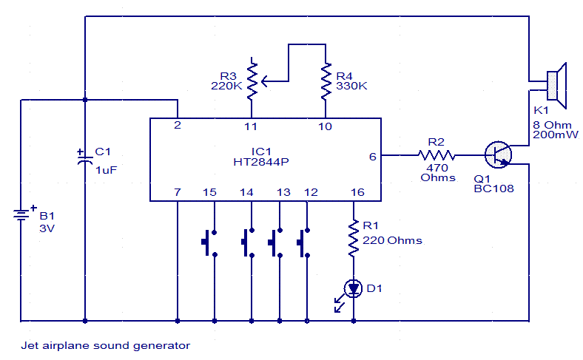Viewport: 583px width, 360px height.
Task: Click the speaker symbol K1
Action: pyautogui.click(x=556, y=86)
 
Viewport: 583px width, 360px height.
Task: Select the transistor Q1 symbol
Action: pyautogui.click(x=498, y=155)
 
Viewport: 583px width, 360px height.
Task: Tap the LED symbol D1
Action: pyautogui.click(x=353, y=289)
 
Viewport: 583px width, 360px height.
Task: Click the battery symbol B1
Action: pyautogui.click(x=21, y=214)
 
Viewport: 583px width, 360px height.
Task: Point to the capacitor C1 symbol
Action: pyautogui.click(x=85, y=158)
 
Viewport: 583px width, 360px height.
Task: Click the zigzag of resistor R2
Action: pyautogui.click(x=436, y=155)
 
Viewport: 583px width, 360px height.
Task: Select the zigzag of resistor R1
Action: pyautogui.click(x=353, y=238)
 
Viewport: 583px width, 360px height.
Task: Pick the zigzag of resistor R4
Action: pyautogui.click(x=326, y=81)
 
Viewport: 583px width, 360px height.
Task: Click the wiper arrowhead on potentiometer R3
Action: pyautogui.click(x=264, y=81)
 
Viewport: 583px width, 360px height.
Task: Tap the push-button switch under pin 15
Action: pyautogui.click(x=209, y=243)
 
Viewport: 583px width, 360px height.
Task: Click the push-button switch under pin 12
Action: pyautogui.click(x=303, y=243)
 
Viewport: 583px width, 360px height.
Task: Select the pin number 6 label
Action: pyautogui.click(x=373, y=157)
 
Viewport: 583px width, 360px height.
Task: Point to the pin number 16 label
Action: pyautogui.click(x=357, y=192)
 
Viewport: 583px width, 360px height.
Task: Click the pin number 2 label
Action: pyautogui.click(x=178, y=125)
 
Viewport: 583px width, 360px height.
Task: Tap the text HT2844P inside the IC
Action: pyautogui.click(x=261, y=162)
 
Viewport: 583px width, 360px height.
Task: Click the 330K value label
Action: pyautogui.click(x=351, y=86)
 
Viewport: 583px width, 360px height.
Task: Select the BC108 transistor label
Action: pyautogui.click(x=493, y=189)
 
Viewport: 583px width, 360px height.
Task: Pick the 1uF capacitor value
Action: pyautogui.click(x=106, y=170)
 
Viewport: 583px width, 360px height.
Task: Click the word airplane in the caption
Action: pyautogui.click(x=65, y=346)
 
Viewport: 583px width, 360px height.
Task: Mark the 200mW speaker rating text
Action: pyautogui.click(x=556, y=135)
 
